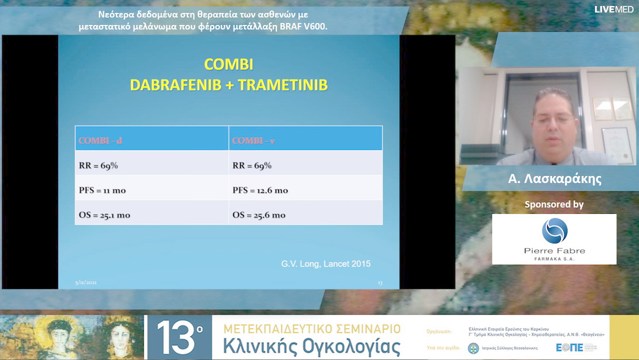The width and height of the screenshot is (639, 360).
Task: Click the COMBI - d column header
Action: [101, 140]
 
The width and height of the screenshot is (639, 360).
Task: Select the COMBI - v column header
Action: [253, 140]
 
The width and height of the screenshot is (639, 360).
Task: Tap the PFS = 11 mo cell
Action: [102, 191]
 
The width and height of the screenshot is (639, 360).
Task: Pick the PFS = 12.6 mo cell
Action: [260, 191]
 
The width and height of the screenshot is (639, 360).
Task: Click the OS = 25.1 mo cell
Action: [104, 215]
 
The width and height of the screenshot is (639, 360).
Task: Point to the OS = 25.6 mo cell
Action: [259, 215]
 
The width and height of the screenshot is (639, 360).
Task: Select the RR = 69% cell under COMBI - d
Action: [98, 166]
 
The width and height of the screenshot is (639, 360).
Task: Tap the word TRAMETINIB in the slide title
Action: [286, 85]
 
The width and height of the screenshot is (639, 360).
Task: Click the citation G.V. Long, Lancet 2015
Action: [326, 263]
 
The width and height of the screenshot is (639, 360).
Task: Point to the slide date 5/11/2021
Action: [86, 283]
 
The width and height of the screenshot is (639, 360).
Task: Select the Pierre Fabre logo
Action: [554, 238]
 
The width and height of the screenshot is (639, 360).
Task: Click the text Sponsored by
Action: [554, 204]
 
